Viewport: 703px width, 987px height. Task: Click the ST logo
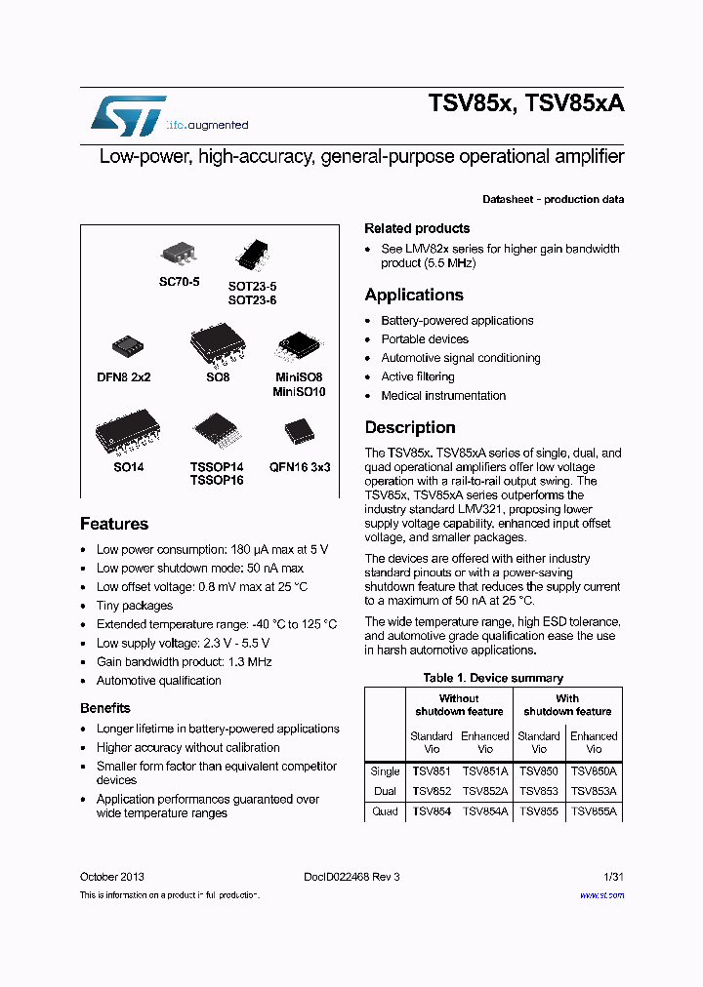pos(128,116)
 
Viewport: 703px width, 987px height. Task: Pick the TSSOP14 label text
pos(217,467)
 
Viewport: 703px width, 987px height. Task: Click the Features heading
pos(114,524)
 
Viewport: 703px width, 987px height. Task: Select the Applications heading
pos(414,295)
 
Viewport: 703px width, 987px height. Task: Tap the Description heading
pos(410,427)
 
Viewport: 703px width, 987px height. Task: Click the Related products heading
pos(417,228)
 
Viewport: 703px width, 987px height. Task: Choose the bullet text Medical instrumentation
pos(443,396)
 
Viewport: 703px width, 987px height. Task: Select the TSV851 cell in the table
pos(432,771)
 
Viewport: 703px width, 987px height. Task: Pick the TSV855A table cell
pos(594,811)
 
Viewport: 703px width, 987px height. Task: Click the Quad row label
pos(385,811)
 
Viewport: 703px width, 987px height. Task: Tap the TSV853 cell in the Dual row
pos(539,791)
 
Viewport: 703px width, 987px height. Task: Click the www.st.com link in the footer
pos(601,894)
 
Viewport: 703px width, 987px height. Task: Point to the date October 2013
pos(112,877)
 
